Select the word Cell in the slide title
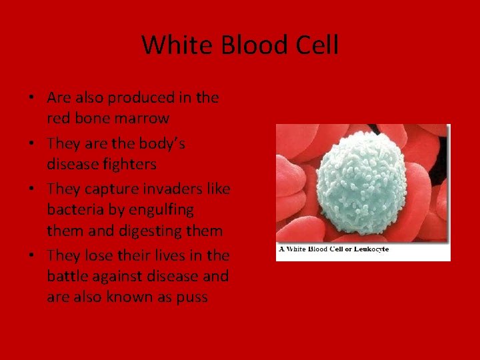[x=317, y=45]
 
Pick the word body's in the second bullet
[x=161, y=143]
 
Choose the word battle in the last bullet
[x=67, y=276]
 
